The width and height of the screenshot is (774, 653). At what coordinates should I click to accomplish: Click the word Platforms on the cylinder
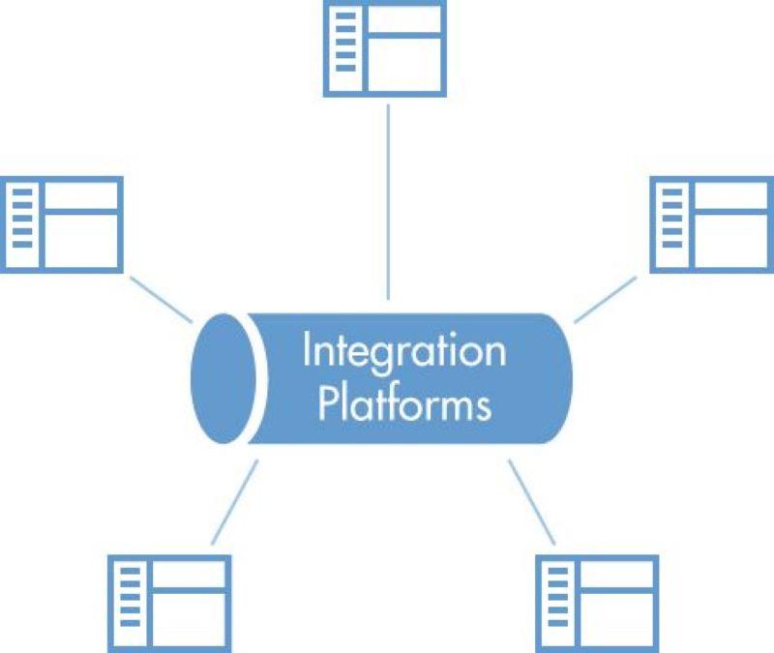[x=404, y=403]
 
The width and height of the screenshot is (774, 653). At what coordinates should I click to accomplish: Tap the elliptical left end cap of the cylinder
[x=223, y=378]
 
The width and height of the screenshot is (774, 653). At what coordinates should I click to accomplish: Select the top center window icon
[x=384, y=48]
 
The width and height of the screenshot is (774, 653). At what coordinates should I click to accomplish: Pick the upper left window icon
[x=63, y=223]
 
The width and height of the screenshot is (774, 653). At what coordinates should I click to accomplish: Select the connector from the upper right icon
[x=606, y=300]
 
